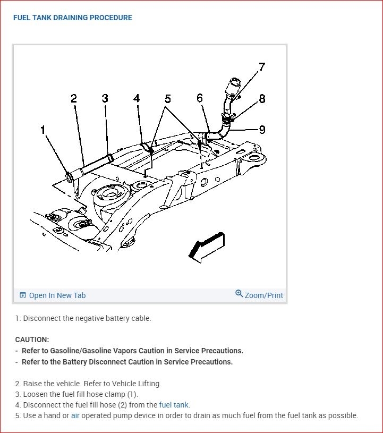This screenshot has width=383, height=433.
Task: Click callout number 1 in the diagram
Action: (x=43, y=130)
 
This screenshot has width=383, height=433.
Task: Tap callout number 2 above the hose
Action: (x=73, y=99)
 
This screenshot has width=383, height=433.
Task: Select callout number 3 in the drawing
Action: (x=105, y=99)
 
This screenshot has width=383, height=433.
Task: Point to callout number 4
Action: (x=137, y=99)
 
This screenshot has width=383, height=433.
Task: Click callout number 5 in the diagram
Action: (x=168, y=99)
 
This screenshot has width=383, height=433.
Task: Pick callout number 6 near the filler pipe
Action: (x=200, y=98)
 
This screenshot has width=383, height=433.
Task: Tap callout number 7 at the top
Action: (x=261, y=67)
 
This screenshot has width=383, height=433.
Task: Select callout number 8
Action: (x=262, y=99)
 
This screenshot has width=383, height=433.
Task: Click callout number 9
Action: (x=262, y=129)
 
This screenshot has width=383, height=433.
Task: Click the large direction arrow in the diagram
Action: (x=206, y=247)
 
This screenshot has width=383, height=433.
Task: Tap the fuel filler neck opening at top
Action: (x=234, y=84)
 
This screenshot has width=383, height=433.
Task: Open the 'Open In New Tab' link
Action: (x=57, y=295)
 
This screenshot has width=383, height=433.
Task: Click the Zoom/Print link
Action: (x=263, y=295)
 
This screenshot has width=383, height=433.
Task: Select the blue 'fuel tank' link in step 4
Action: (x=174, y=405)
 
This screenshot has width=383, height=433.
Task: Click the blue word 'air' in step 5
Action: (x=75, y=415)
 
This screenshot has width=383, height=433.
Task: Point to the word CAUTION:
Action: (x=32, y=339)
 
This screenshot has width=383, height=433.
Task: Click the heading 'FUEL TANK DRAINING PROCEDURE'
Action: (x=73, y=18)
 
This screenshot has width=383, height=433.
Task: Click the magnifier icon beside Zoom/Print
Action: (x=239, y=294)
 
